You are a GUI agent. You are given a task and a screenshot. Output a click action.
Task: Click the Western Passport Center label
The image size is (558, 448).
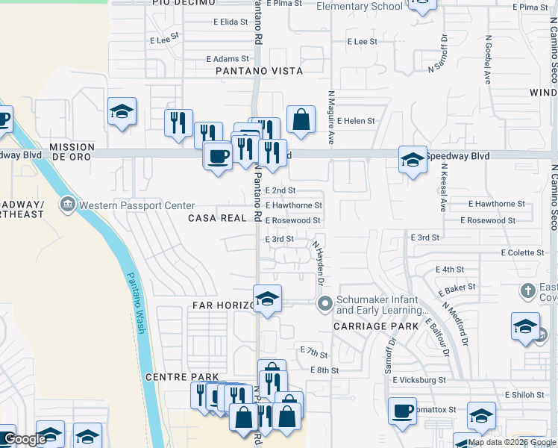(x=137, y=205)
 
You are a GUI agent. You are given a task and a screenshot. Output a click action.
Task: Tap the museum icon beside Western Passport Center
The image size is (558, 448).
(x=69, y=204)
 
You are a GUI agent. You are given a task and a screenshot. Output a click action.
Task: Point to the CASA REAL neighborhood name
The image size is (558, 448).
(x=217, y=218)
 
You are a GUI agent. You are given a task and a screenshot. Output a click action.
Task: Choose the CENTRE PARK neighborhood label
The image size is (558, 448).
(x=182, y=377)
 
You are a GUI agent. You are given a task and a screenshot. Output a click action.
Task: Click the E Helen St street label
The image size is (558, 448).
(x=356, y=120)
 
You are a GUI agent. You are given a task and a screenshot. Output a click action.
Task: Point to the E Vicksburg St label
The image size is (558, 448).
(x=419, y=380)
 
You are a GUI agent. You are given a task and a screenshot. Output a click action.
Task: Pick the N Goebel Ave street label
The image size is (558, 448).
(x=489, y=59)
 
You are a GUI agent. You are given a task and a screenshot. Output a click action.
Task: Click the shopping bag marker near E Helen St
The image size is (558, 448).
(x=301, y=119)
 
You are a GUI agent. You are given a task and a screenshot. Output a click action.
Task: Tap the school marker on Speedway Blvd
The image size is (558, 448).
(x=413, y=159)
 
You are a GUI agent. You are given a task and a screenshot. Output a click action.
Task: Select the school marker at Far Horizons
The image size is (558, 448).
(x=267, y=299)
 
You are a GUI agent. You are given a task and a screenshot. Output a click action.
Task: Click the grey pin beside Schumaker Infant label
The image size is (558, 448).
(x=325, y=303)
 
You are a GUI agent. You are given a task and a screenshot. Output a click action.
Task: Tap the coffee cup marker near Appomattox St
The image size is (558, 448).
(x=402, y=411)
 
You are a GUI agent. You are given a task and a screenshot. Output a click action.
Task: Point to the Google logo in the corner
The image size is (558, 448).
(x=25, y=440)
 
